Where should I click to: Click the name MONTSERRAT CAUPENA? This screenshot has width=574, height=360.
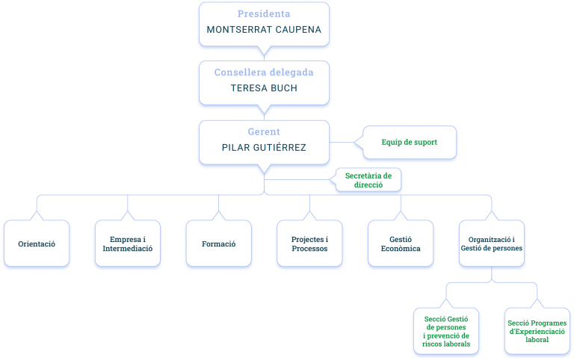[x=264, y=30]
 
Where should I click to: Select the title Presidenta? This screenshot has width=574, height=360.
[x=264, y=14]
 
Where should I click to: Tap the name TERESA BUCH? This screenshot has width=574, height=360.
[x=264, y=88]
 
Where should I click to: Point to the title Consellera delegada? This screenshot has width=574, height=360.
[x=264, y=72]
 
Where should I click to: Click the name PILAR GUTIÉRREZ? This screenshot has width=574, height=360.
[x=264, y=147]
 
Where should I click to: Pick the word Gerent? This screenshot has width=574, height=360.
[x=264, y=131]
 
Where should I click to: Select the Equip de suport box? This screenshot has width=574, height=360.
[x=410, y=143]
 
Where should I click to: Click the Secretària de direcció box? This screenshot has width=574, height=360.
[x=368, y=180]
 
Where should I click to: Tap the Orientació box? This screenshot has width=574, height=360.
[x=37, y=243]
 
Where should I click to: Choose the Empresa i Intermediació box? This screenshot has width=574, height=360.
[x=128, y=243]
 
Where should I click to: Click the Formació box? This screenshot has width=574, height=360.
[x=218, y=243]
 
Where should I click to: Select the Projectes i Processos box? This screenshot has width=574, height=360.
[x=309, y=243]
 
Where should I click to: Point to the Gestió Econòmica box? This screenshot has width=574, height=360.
[x=401, y=243]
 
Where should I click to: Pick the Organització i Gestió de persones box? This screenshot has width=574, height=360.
[x=492, y=243]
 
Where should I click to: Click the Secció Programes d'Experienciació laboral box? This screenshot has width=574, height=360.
[x=537, y=331]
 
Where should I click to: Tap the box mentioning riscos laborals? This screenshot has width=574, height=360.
[x=446, y=331]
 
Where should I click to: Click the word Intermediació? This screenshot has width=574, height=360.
[x=128, y=249]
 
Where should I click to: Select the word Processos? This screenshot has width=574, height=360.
[x=309, y=249]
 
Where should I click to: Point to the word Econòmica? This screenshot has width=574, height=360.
[x=401, y=249]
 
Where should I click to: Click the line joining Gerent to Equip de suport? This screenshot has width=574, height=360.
[x=342, y=143]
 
